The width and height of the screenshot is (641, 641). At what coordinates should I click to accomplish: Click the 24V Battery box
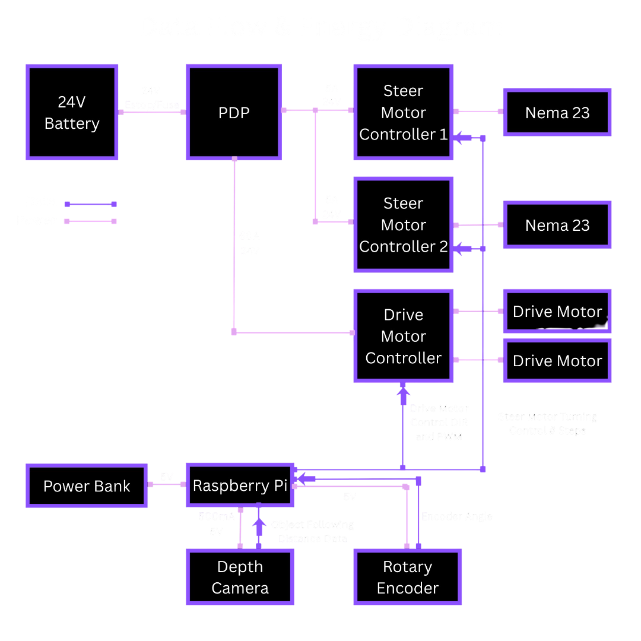click(72, 112)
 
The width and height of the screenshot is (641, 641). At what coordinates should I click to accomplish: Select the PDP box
click(233, 112)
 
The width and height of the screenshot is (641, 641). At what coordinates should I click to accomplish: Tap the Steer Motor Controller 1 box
click(404, 112)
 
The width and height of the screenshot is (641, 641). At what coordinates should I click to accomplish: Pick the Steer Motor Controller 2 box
click(404, 225)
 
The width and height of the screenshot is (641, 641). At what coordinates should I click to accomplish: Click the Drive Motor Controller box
click(404, 336)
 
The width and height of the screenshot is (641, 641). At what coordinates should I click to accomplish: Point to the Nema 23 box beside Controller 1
click(557, 113)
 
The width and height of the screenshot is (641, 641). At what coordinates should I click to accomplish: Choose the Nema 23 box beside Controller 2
click(557, 225)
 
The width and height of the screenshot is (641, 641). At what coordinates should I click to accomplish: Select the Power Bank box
click(87, 486)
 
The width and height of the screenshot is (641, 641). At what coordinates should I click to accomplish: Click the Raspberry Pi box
click(240, 485)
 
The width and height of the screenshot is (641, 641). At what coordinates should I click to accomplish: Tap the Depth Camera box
click(240, 577)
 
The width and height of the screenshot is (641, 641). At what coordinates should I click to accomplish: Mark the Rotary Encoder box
click(407, 577)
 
